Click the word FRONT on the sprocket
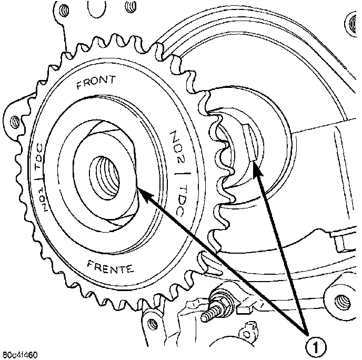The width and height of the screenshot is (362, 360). coord(96,84)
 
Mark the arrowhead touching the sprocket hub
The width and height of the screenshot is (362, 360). coord(141,193)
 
